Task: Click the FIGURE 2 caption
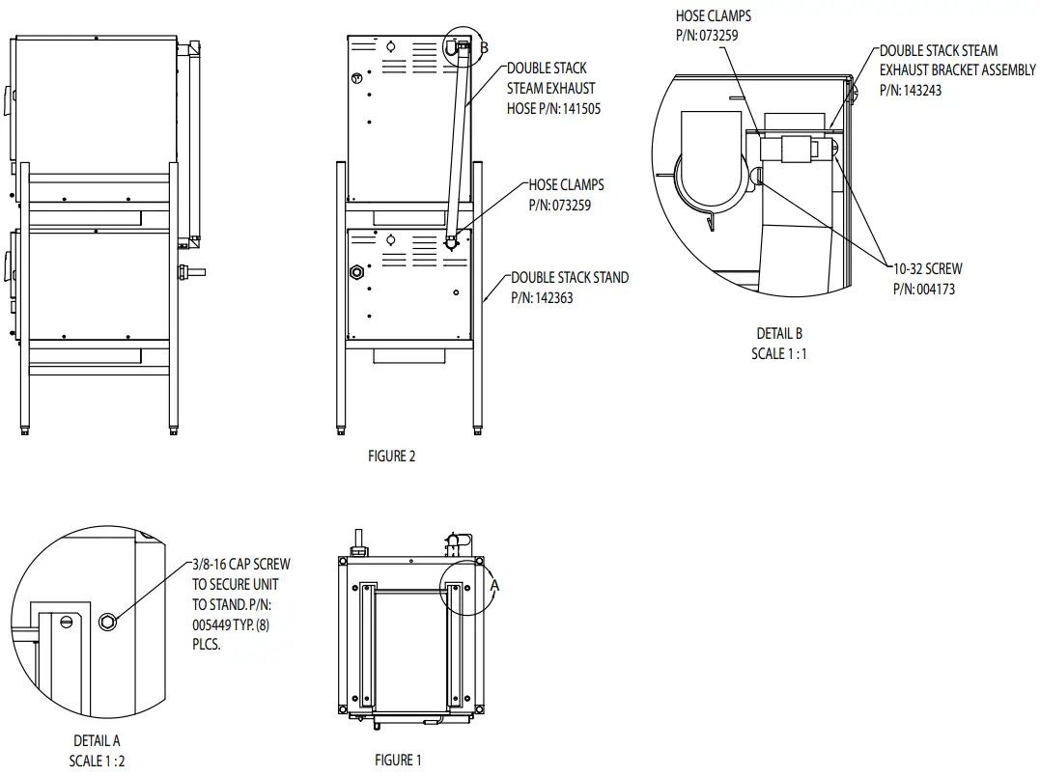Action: (391, 457)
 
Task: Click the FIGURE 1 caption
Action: (398, 761)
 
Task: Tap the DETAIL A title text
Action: (97, 741)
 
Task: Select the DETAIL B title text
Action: (779, 334)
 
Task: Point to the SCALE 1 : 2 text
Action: (97, 761)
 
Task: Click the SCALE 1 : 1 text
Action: (779, 353)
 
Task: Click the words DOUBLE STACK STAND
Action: (570, 278)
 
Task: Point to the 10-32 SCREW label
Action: (928, 269)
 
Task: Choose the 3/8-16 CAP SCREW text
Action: (241, 565)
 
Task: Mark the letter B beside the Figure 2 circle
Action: (485, 47)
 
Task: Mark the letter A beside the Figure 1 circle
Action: (494, 585)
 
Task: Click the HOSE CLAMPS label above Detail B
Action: (713, 16)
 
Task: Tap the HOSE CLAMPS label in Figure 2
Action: (566, 184)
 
